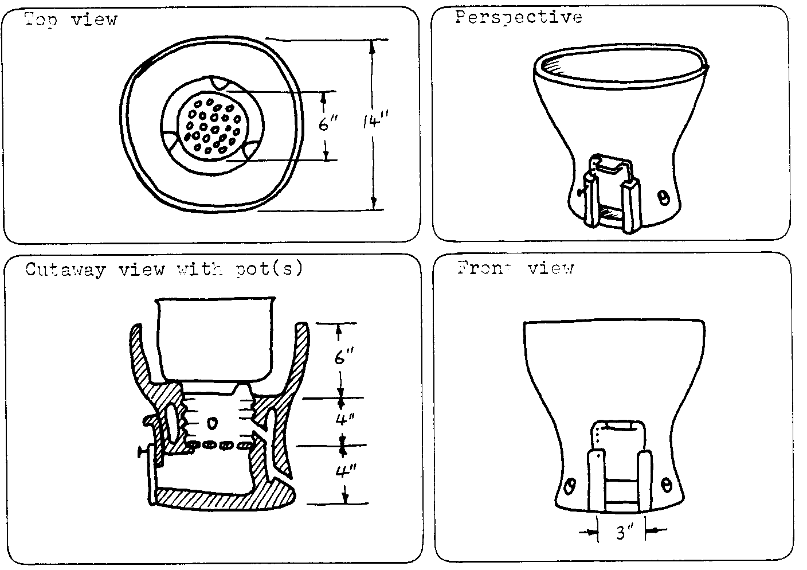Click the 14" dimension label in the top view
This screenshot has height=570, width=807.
pyautogui.click(x=376, y=122)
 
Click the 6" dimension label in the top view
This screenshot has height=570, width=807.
pyautogui.click(x=328, y=123)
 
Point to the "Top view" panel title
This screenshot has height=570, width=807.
pyautogui.click(x=70, y=19)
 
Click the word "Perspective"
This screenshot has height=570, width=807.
pyautogui.click(x=519, y=17)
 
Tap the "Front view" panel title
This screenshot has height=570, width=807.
pyautogui.click(x=515, y=268)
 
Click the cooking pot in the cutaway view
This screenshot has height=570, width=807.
pyautogui.click(x=216, y=338)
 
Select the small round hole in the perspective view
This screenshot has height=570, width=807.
pyautogui.click(x=663, y=198)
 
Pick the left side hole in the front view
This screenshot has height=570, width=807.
pyautogui.click(x=569, y=486)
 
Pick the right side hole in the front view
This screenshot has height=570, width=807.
pyautogui.click(x=666, y=485)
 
